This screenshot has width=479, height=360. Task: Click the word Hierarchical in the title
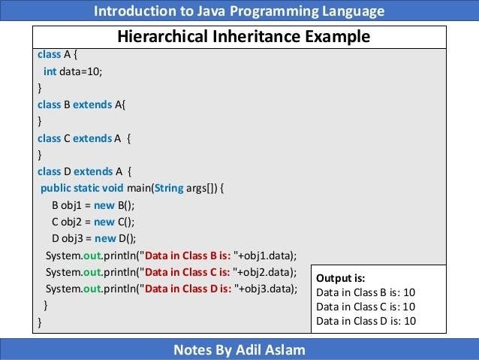(162, 36)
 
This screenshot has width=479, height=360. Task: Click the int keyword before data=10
(50, 71)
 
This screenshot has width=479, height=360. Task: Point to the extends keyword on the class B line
(92, 104)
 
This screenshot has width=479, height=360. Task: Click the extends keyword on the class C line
(92, 138)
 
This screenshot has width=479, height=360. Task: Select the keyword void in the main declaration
(113, 188)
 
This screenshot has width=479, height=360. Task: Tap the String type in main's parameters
(169, 188)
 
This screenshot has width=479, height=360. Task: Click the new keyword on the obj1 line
(104, 205)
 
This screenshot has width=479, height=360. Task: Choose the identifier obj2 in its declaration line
(71, 222)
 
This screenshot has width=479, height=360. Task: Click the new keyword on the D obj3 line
(105, 238)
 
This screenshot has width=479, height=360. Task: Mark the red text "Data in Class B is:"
(188, 256)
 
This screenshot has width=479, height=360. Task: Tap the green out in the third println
(92, 289)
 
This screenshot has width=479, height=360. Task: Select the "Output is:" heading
(341, 278)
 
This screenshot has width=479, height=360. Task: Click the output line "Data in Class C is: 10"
(366, 307)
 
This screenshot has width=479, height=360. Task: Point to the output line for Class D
(366, 321)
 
